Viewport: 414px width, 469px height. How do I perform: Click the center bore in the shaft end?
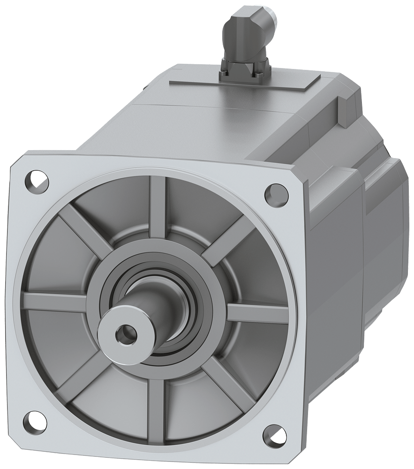point(126,334)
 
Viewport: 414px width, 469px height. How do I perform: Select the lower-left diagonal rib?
point(75,375)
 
